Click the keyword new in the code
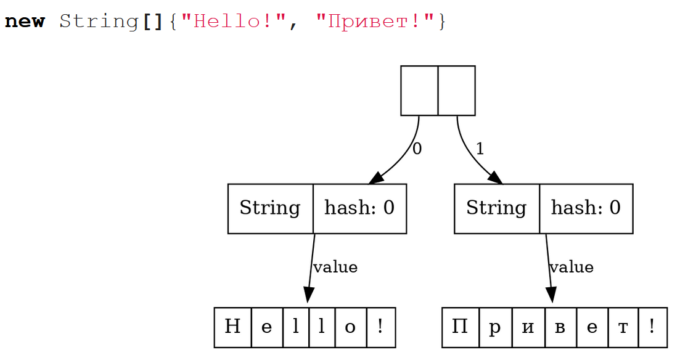click(x=25, y=22)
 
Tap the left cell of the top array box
click(x=419, y=91)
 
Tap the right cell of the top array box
click(x=457, y=91)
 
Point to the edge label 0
click(x=417, y=149)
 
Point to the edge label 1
click(x=480, y=149)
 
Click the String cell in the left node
click(x=270, y=208)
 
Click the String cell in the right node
click(x=496, y=208)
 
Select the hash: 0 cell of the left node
click(x=359, y=208)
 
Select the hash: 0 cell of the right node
click(x=586, y=208)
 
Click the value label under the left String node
click(x=335, y=267)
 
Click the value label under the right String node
click(x=571, y=267)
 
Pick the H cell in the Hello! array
click(x=233, y=327)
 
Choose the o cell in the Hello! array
click(x=350, y=327)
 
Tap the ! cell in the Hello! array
click(x=380, y=327)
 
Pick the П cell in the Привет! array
click(x=461, y=327)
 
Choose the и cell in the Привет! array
click(x=528, y=327)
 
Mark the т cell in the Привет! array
click(x=623, y=327)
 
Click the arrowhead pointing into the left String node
click(x=377, y=178)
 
